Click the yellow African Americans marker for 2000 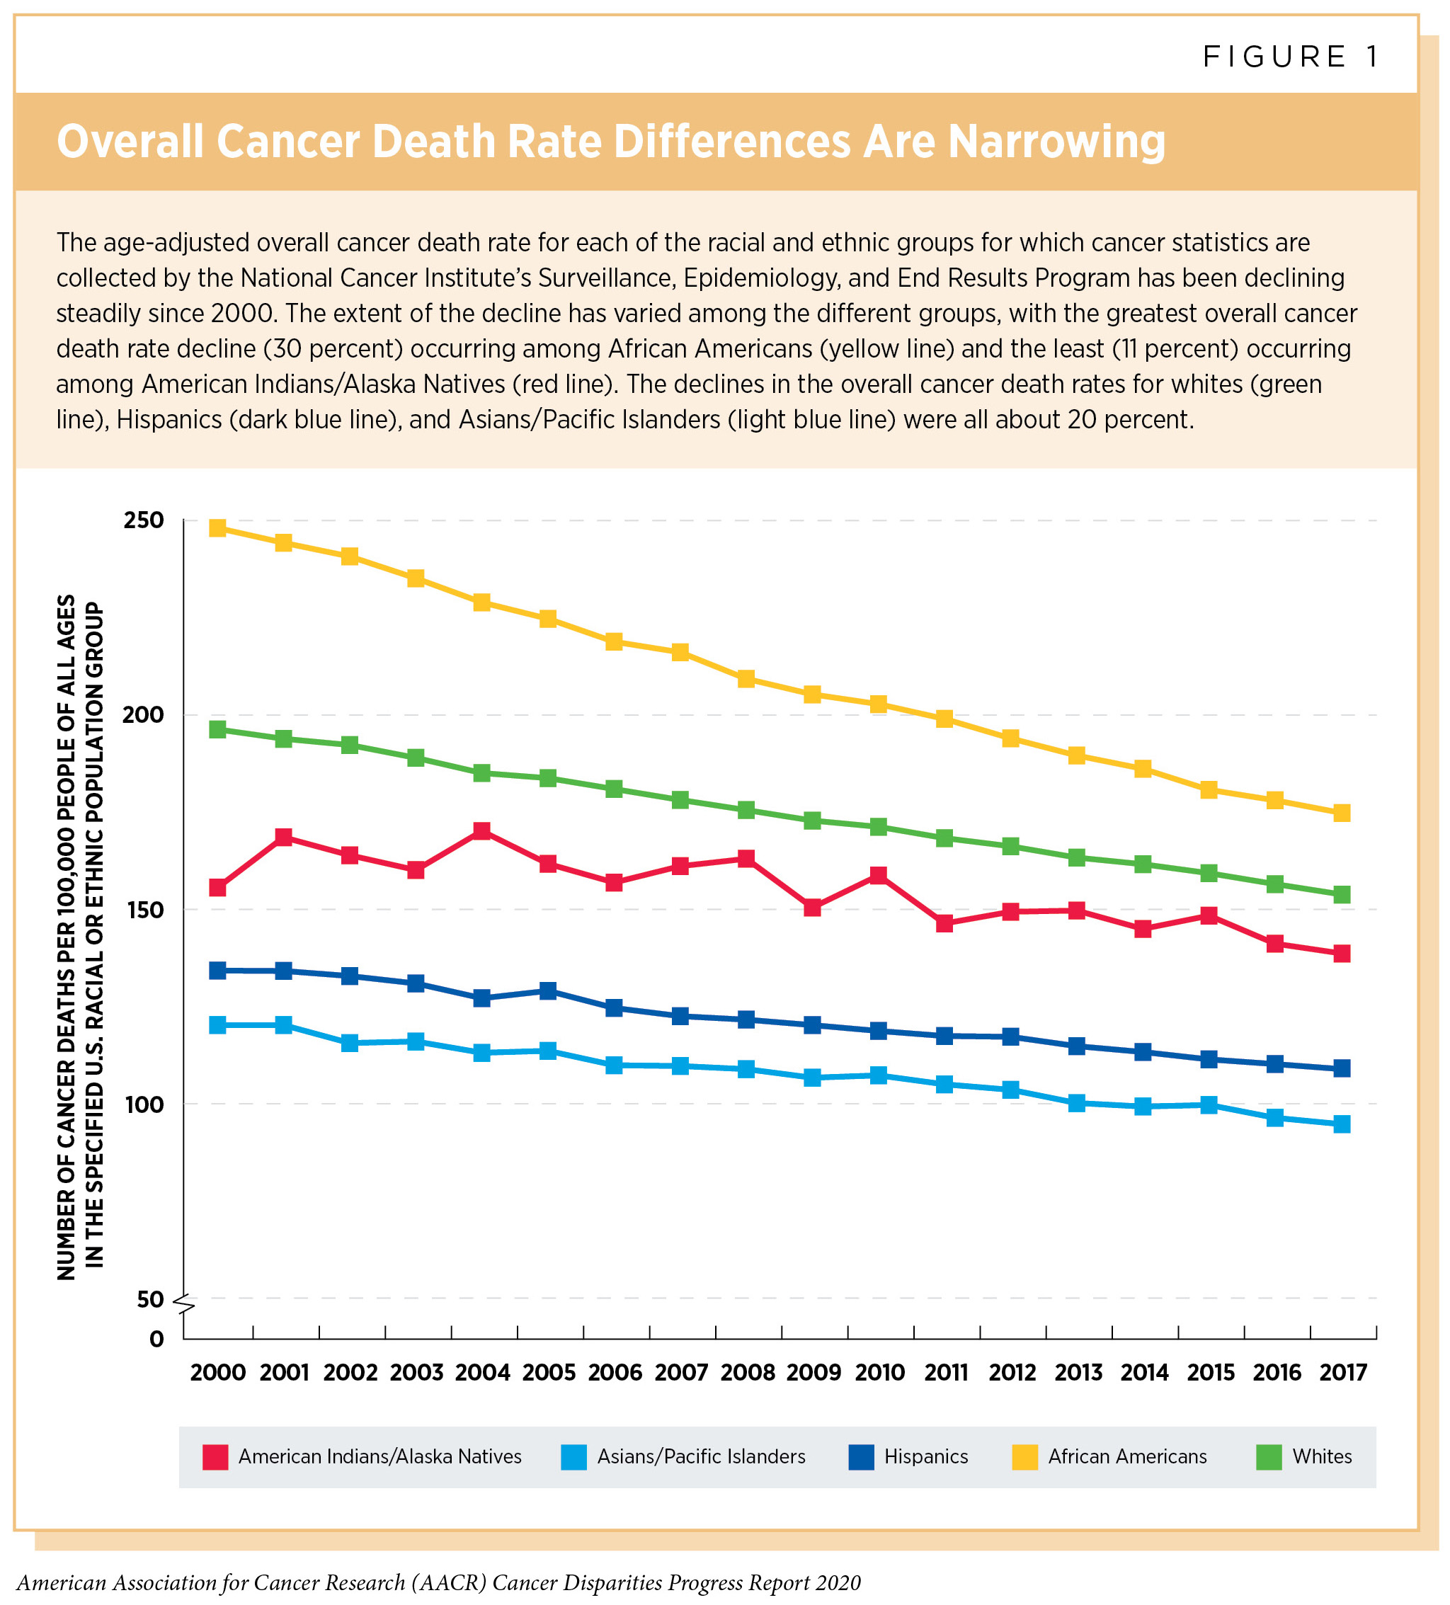(x=217, y=528)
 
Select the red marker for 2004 (x=481, y=831)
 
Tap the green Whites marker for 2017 (x=1342, y=895)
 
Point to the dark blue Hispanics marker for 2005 (x=548, y=991)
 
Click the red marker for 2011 (x=945, y=923)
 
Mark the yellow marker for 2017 (x=1342, y=813)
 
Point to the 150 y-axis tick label (x=142, y=910)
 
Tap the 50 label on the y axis (x=149, y=1299)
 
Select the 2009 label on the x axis (x=813, y=1373)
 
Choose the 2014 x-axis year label (x=1144, y=1373)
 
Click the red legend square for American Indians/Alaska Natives (x=216, y=1457)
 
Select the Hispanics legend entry (x=926, y=1457)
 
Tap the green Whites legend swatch (x=1269, y=1457)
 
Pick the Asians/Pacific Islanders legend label (x=701, y=1457)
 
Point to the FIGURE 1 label (x=1290, y=57)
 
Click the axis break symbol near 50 (x=183, y=1304)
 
